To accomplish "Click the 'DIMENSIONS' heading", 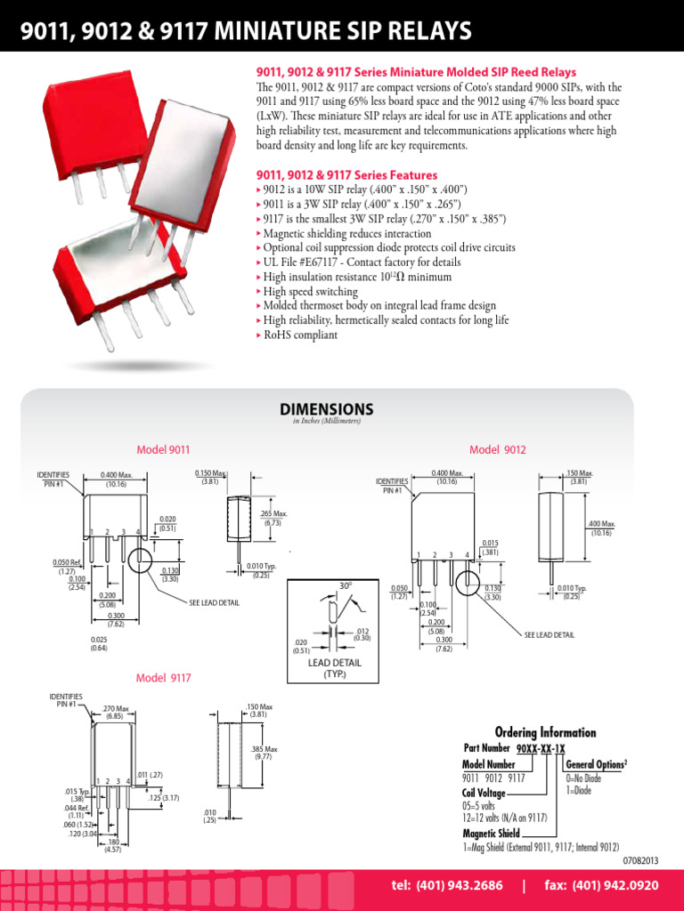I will coord(327,409).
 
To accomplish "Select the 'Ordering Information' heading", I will coord(545,732).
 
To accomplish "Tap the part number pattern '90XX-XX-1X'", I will coord(553,749).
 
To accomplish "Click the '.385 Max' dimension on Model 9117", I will coord(264,753).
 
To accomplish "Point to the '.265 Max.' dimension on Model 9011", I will coord(273,518).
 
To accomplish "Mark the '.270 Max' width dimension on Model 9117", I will coord(116,712).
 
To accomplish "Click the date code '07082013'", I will coord(639,860).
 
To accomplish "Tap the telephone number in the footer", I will coord(448,886).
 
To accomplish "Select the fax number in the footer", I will coord(601,886).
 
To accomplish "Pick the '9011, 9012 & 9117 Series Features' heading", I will coord(346,175).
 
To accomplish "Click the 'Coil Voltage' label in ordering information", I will coord(484,793).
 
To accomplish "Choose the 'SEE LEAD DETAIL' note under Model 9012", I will coord(550,634).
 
